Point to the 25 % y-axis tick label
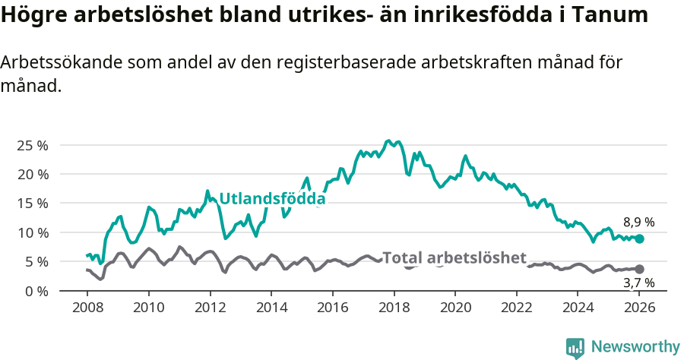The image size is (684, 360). (x=33, y=145)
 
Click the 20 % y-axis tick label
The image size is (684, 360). (x=33, y=174)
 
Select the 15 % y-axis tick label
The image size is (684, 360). (x=33, y=203)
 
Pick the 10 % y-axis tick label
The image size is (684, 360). (x=33, y=232)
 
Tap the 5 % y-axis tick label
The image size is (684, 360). (x=36, y=261)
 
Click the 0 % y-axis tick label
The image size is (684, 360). (x=36, y=291)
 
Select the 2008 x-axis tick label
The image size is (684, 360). (x=87, y=308)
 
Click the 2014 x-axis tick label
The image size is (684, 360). (x=271, y=308)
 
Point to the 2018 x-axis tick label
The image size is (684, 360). (x=394, y=308)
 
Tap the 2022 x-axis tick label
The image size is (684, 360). (x=517, y=308)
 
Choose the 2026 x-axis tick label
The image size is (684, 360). (x=640, y=308)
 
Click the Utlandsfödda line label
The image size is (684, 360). (x=272, y=199)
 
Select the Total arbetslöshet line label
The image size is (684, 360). (x=454, y=257)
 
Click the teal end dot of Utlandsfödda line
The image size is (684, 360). (x=639, y=238)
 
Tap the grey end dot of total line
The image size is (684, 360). (x=639, y=269)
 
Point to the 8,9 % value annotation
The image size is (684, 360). (x=638, y=223)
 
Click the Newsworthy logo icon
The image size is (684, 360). (x=575, y=348)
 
